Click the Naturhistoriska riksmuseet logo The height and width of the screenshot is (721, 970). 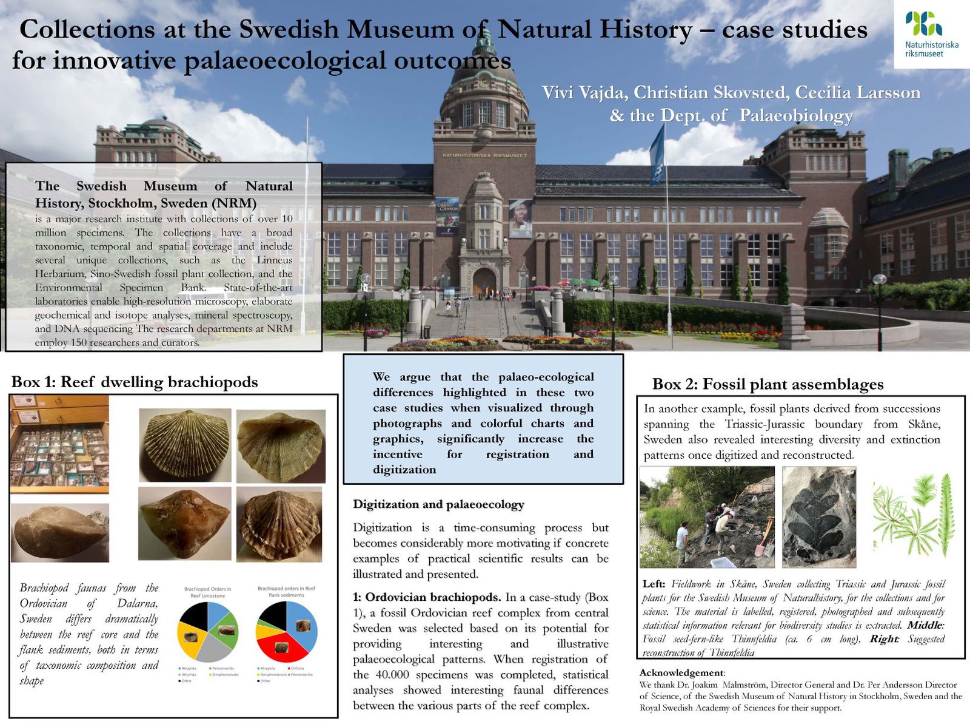click(x=931, y=34)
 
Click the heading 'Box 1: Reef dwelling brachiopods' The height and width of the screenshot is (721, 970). click(x=135, y=382)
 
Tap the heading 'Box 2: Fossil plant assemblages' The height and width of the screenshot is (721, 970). click(x=768, y=384)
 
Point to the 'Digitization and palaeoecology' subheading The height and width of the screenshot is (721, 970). click(x=438, y=504)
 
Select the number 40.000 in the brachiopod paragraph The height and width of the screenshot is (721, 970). click(x=394, y=675)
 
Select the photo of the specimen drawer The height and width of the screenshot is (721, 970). click(x=59, y=444)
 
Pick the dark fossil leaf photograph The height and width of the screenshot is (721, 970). click(x=818, y=517)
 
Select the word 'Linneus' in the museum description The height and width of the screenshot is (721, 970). click(x=274, y=260)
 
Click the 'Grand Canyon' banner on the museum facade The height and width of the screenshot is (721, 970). click(x=447, y=216)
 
